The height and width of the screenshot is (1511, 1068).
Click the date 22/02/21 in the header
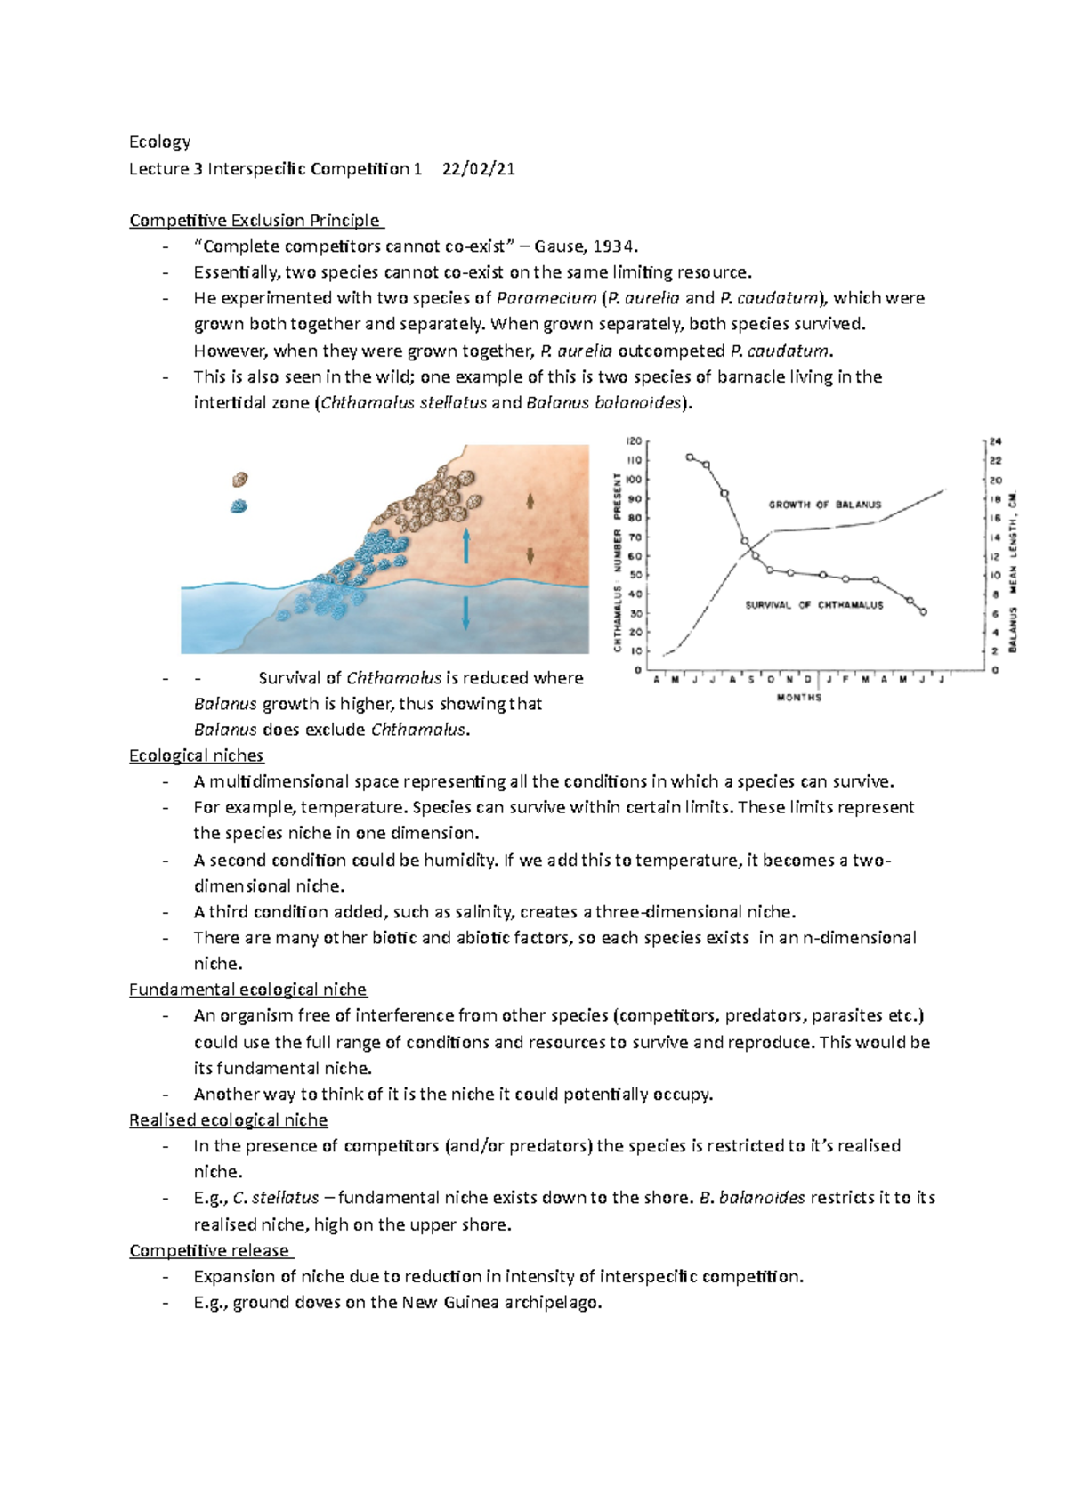478,169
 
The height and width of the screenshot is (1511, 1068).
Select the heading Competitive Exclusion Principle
255,221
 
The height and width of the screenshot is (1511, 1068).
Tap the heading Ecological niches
196,755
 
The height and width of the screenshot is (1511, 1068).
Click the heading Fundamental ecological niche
247,990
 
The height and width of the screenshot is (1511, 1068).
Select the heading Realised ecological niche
228,1120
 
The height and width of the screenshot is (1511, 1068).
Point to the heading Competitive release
209,1250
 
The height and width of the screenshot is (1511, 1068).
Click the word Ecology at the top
159,142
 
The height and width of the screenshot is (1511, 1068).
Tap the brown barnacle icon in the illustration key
239,480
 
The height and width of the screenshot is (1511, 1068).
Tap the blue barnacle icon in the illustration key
239,506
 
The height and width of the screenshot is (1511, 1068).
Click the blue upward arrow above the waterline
465,545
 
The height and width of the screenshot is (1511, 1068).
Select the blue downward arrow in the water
465,613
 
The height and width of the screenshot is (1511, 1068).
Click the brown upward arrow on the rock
530,501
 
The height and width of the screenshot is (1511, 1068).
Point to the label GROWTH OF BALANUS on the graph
824,505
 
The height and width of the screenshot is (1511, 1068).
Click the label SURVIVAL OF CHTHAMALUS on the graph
813,605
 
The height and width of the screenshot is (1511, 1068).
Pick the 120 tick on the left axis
634,441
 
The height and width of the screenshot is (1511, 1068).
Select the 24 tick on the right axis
995,441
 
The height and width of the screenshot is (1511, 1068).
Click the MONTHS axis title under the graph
798,698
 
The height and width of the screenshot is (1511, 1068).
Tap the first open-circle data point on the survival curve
690,457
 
